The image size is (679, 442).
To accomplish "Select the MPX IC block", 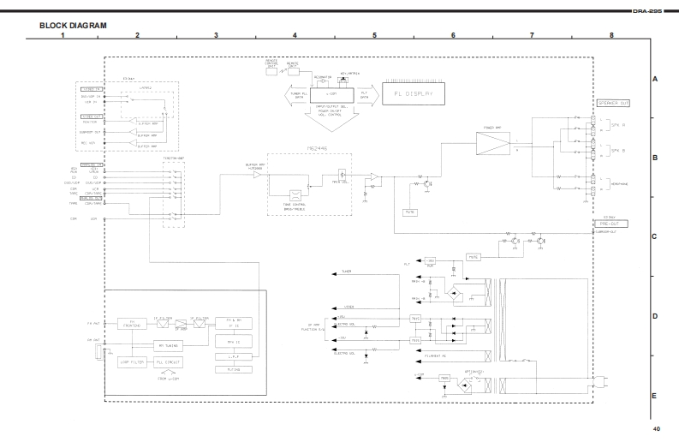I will (234, 340).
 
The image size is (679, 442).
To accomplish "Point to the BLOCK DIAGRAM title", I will (73, 26).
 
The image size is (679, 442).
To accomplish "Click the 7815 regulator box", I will (415, 319).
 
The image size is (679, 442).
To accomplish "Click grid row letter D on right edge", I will (654, 317).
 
